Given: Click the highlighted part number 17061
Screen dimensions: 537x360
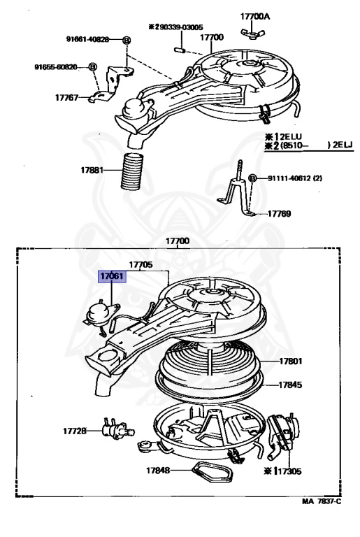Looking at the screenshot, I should [112, 277].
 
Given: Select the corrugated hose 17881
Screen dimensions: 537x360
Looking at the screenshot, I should [132, 171].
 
